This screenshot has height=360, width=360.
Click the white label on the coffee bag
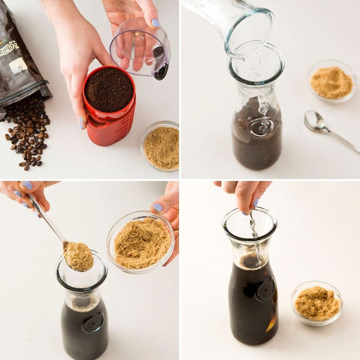(18, 66)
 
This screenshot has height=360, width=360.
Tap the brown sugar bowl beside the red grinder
(161, 147)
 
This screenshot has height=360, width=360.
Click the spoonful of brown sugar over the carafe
(78, 256)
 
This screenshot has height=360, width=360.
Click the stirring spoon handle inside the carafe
(253, 224)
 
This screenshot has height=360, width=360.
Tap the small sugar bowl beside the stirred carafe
(317, 303)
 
